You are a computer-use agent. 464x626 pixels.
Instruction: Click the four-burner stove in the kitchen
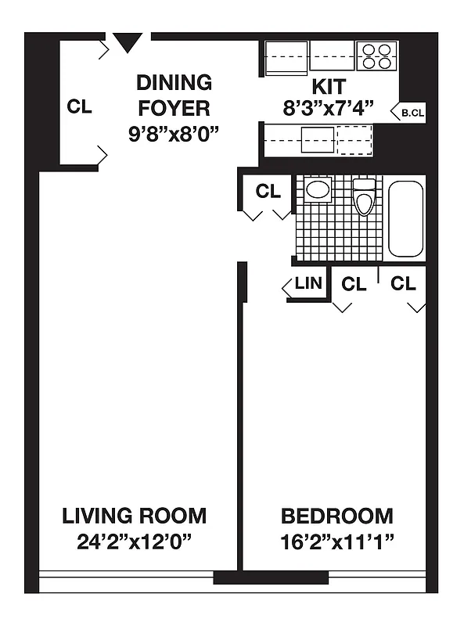click(x=377, y=56)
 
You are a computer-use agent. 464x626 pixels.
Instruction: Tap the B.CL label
click(x=412, y=113)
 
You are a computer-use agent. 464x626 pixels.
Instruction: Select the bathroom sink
click(x=317, y=189)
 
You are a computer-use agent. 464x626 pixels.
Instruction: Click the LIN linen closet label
click(x=308, y=283)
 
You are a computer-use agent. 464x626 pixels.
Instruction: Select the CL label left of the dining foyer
click(x=79, y=107)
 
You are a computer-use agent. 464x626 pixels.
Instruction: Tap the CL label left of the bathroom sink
click(x=268, y=191)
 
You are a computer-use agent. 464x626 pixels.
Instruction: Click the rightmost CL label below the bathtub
click(x=403, y=284)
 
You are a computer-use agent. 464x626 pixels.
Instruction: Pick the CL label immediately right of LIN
click(x=354, y=284)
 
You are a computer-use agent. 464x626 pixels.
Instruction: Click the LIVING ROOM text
click(x=135, y=516)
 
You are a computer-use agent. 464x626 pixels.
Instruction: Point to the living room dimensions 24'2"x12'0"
click(x=135, y=540)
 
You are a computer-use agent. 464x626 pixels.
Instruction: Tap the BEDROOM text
click(x=336, y=516)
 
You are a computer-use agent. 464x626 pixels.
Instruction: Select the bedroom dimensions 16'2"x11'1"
click(x=336, y=540)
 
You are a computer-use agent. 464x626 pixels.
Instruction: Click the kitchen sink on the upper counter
click(x=287, y=57)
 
